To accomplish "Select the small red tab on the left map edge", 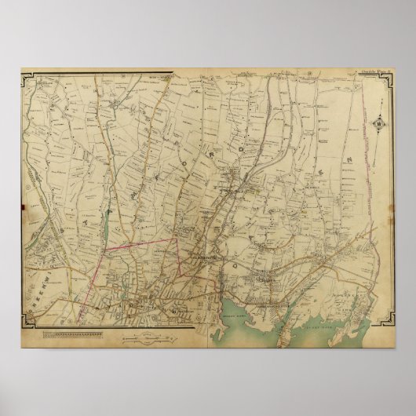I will tap(24, 211).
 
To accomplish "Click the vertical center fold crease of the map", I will tap(208, 204).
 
